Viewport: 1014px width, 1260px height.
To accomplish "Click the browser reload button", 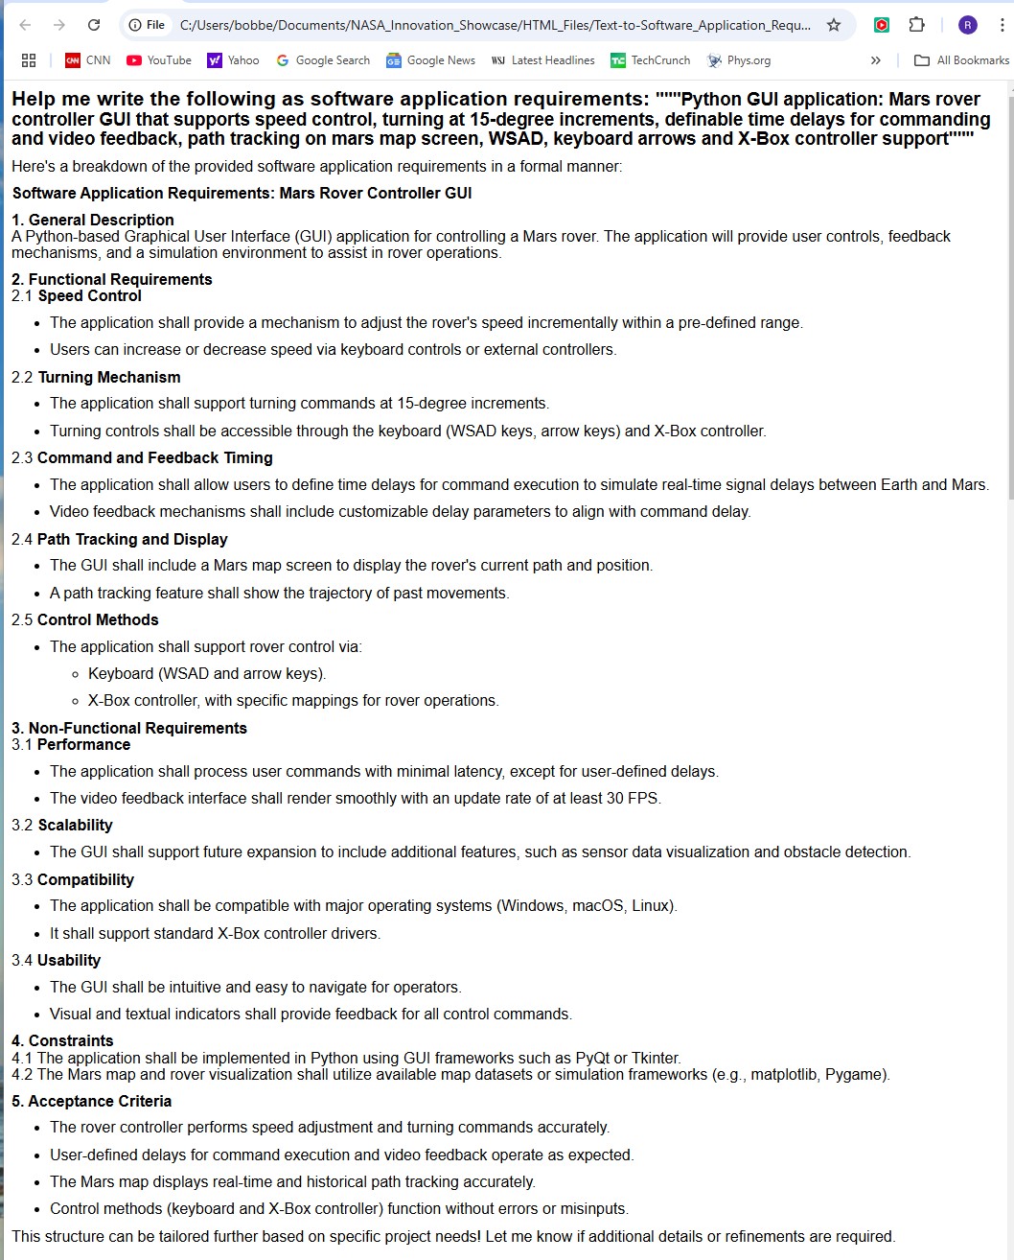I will pos(94,25).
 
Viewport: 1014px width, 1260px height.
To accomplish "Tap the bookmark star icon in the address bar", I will pos(834,25).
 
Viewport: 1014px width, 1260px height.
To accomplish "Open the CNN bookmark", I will pos(87,60).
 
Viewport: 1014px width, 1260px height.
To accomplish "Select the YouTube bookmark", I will pos(159,60).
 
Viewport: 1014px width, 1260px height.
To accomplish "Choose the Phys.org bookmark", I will pos(739,60).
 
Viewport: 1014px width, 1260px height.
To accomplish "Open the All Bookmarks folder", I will pos(961,60).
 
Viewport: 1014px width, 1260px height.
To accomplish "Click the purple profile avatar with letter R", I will pos(968,25).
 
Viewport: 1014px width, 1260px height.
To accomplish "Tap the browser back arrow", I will pos(26,25).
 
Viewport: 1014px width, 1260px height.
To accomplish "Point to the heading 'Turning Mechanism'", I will pos(109,378).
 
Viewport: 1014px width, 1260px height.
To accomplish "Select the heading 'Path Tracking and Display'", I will pos(132,540).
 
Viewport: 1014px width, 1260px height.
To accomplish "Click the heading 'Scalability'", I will pos(75,826).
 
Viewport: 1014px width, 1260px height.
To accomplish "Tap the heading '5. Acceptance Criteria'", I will pos(91,1102).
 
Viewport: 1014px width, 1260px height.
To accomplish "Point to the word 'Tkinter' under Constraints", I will pos(652,1059).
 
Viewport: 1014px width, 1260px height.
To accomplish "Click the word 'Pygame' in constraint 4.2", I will pos(860,1075).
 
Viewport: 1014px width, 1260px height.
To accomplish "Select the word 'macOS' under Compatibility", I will pos(597,906).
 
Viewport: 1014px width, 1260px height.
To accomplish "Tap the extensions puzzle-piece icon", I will pos(917,25).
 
